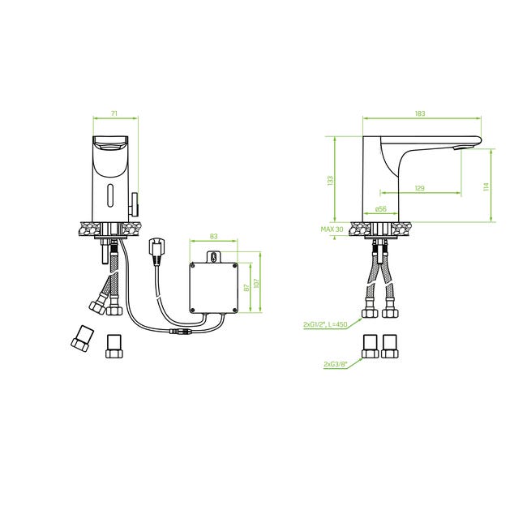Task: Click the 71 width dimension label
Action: point(114,114)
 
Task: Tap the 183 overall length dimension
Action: point(420,114)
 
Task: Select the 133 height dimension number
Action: point(330,181)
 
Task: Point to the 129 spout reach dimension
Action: point(419,188)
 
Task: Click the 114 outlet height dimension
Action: point(486,186)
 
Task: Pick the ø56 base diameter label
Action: point(381,208)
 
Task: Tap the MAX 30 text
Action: point(332,229)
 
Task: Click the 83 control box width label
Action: point(213,236)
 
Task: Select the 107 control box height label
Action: point(256,283)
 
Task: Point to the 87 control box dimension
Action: point(246,288)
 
